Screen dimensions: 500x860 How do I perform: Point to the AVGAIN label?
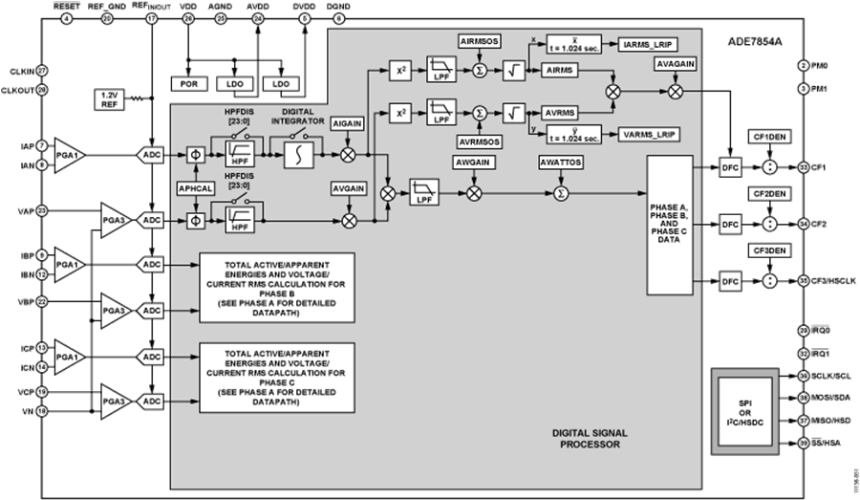click(x=348, y=188)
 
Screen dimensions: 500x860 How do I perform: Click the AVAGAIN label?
click(x=676, y=65)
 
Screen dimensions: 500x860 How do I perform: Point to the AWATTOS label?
click(x=561, y=163)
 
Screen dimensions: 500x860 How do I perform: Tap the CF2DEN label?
click(x=769, y=193)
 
